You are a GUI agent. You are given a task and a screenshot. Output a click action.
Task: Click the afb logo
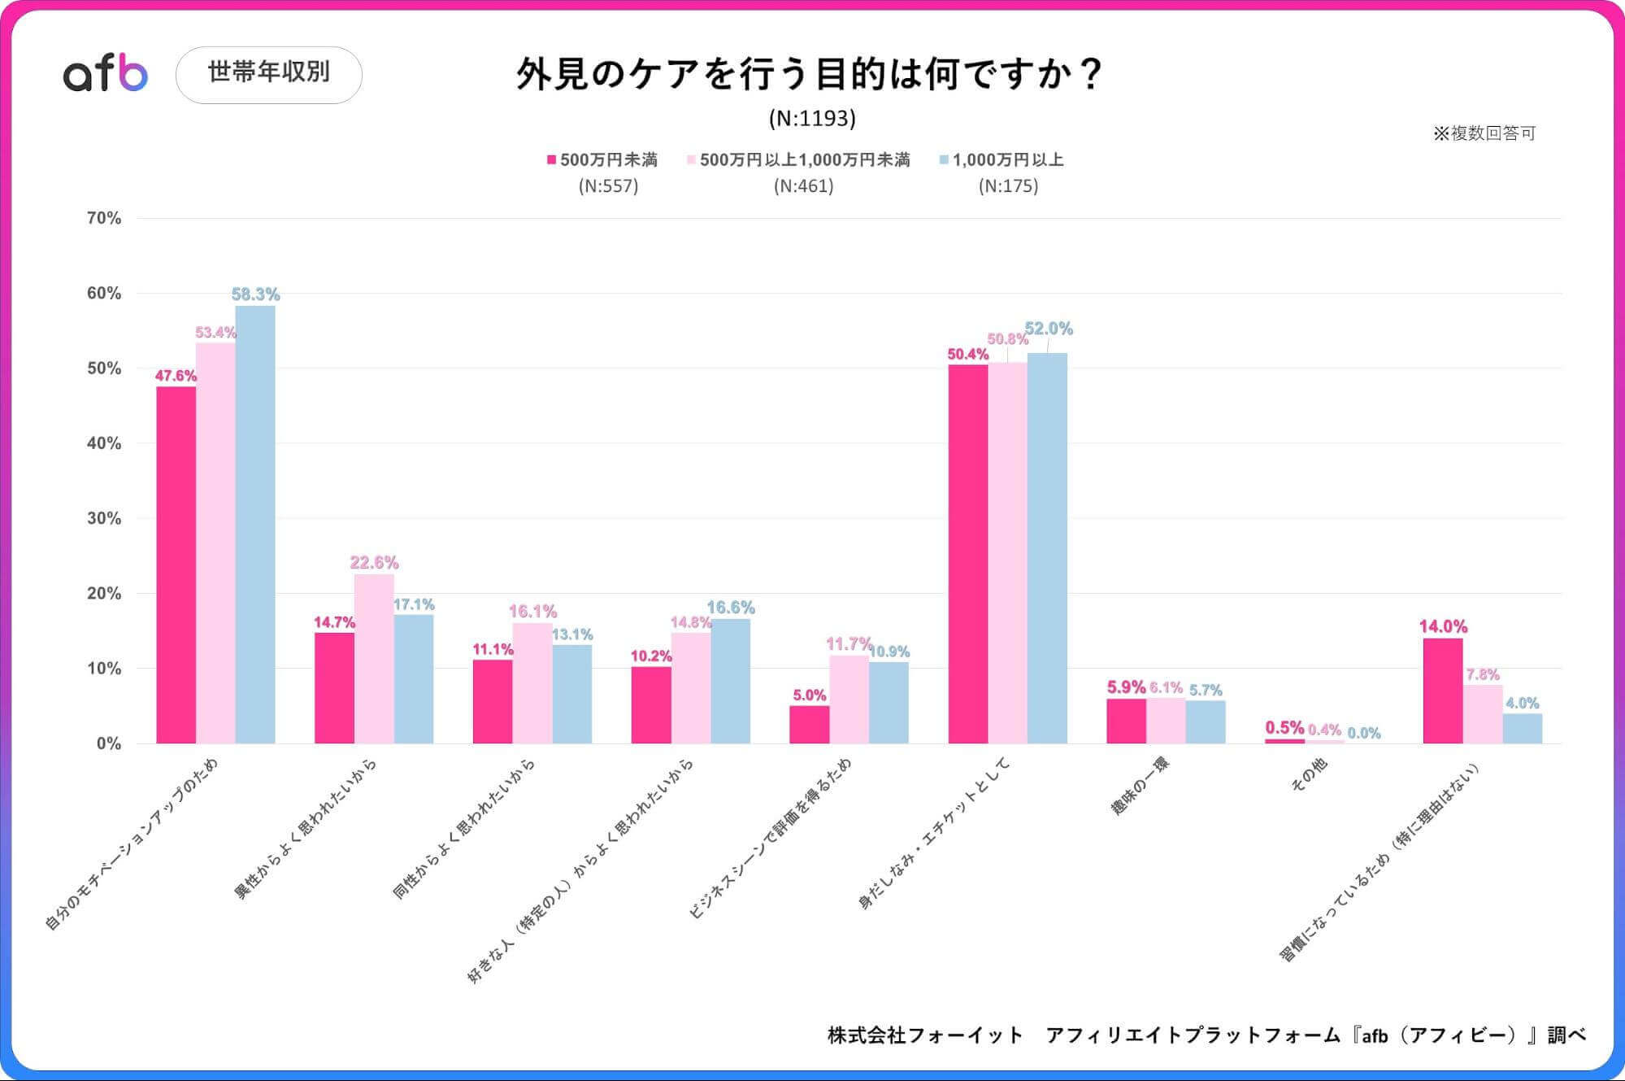pyautogui.click(x=106, y=74)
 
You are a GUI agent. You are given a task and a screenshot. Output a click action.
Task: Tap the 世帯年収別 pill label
pyautogui.click(x=269, y=74)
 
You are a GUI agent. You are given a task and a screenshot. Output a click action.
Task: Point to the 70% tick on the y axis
pyautogui.click(x=104, y=218)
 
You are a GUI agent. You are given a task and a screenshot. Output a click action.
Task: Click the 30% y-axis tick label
pyautogui.click(x=104, y=518)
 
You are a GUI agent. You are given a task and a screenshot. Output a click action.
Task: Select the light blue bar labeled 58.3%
pyautogui.click(x=255, y=525)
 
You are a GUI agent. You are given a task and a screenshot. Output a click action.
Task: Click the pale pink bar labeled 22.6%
pyautogui.click(x=374, y=659)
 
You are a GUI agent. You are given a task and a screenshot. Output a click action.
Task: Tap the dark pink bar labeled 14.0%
pyautogui.click(x=1443, y=691)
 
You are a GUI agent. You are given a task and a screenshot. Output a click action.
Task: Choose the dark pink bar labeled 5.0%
pyautogui.click(x=809, y=724)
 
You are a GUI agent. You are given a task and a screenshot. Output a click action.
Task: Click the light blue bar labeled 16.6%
pyautogui.click(x=730, y=681)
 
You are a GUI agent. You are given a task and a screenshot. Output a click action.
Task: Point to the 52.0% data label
pyautogui.click(x=1049, y=329)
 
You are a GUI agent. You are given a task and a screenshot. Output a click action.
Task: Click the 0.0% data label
pyautogui.click(x=1364, y=733)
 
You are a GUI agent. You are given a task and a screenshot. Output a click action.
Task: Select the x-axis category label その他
pyautogui.click(x=1308, y=774)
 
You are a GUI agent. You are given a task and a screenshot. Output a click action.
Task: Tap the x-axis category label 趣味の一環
pyautogui.click(x=1140, y=785)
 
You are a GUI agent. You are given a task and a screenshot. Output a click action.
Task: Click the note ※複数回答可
pyautogui.click(x=1484, y=133)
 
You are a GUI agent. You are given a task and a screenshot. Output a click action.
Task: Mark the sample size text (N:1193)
pyautogui.click(x=812, y=119)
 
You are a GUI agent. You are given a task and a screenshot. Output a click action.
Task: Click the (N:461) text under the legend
pyautogui.click(x=803, y=186)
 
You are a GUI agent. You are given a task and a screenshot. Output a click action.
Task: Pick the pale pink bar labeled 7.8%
pyautogui.click(x=1483, y=714)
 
